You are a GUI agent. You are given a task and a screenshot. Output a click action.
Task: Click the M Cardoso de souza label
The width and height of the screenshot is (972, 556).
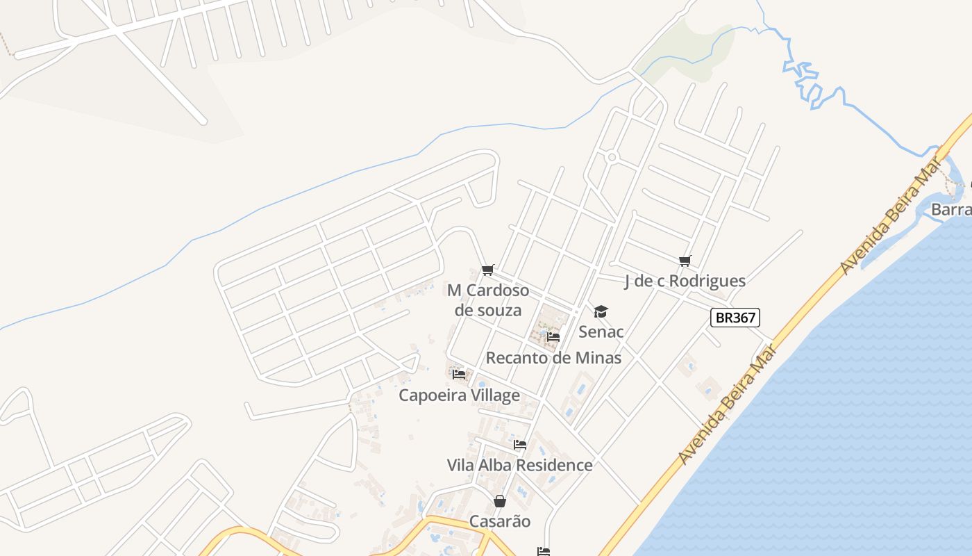[487, 300]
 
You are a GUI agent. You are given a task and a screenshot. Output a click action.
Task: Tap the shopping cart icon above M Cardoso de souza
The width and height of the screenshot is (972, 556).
[487, 270]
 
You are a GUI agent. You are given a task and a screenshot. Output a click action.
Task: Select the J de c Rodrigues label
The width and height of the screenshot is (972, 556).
[685, 281]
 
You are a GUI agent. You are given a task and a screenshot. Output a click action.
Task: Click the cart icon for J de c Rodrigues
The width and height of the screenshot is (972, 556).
[685, 261]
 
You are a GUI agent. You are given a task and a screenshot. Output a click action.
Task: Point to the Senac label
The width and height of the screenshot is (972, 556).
[601, 332]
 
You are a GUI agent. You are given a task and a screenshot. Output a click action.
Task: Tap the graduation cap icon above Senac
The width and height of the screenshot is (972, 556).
[601, 311]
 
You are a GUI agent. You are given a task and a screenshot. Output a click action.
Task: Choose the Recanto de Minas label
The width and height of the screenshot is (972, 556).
[553, 358]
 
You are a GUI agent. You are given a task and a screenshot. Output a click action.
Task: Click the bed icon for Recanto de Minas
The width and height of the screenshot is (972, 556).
[553, 337]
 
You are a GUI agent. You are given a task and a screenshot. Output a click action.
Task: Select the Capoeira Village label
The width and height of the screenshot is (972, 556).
[459, 395]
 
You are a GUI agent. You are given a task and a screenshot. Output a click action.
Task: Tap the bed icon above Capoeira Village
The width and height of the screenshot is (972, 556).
[459, 375]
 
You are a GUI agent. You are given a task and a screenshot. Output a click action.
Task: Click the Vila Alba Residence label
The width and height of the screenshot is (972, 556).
[520, 465]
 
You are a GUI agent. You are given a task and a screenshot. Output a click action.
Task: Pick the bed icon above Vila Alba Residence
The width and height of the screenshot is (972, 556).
[520, 445]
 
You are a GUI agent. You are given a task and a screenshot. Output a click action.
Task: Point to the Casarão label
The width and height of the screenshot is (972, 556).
[500, 521]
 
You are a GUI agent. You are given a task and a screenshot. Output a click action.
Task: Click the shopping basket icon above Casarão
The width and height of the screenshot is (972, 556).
[500, 501]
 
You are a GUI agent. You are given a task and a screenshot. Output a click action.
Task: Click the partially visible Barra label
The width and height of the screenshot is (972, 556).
[951, 209]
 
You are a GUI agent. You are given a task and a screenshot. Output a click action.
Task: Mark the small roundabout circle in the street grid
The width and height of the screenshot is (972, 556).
[612, 157]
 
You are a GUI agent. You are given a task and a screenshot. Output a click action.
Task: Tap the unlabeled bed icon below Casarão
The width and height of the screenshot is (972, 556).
[544, 552]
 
